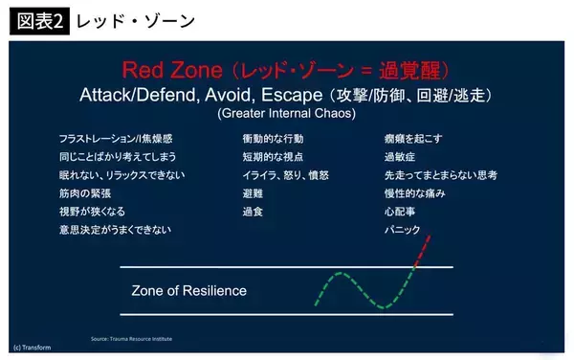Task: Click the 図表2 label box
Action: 38,20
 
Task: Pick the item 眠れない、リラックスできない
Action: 121,174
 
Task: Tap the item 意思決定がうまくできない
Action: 116,230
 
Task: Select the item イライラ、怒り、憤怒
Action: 286,174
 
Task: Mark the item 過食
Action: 253,211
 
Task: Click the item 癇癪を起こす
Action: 412,138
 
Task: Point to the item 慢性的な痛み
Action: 414,192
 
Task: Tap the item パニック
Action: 403,230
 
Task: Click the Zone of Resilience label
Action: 188,290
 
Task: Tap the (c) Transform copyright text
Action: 33,347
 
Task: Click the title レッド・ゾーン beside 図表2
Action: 121,20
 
